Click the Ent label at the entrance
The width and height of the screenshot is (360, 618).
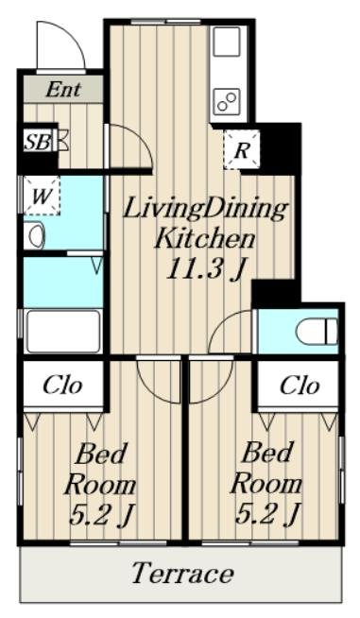63,90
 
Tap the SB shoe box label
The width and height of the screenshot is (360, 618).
38,142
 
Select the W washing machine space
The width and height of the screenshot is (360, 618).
41,196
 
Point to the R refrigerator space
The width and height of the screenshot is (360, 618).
242,150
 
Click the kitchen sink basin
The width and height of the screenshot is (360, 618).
227,41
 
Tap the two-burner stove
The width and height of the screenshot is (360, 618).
227,100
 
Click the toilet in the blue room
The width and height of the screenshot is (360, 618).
317,332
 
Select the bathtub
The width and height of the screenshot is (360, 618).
62,332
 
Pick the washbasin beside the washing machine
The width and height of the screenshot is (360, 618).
34,235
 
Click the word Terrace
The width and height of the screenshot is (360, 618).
182,573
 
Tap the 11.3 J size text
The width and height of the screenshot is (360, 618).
205,270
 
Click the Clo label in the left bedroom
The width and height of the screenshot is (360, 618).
62,385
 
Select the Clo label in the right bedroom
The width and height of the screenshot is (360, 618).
300,385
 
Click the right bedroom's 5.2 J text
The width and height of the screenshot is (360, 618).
266,514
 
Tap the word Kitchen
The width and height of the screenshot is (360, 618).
205,238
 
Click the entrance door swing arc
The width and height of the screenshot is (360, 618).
73,37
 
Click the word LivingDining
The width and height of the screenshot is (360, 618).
205,209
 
